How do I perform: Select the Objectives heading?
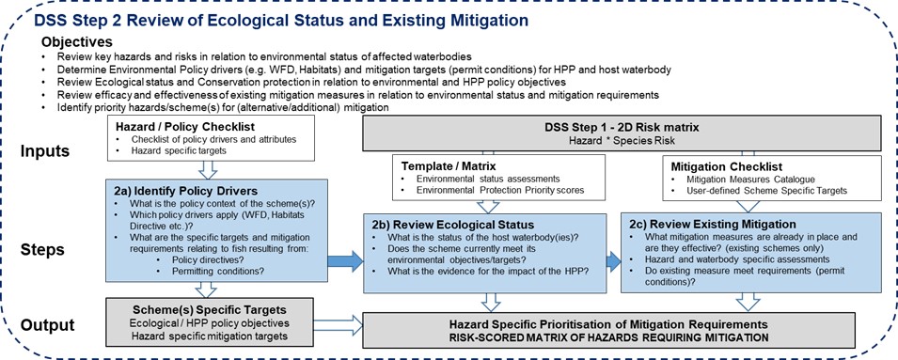(x=77, y=42)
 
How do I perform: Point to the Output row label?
(x=48, y=325)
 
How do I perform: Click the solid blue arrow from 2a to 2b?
(x=345, y=262)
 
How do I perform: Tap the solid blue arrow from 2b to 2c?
(x=613, y=261)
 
